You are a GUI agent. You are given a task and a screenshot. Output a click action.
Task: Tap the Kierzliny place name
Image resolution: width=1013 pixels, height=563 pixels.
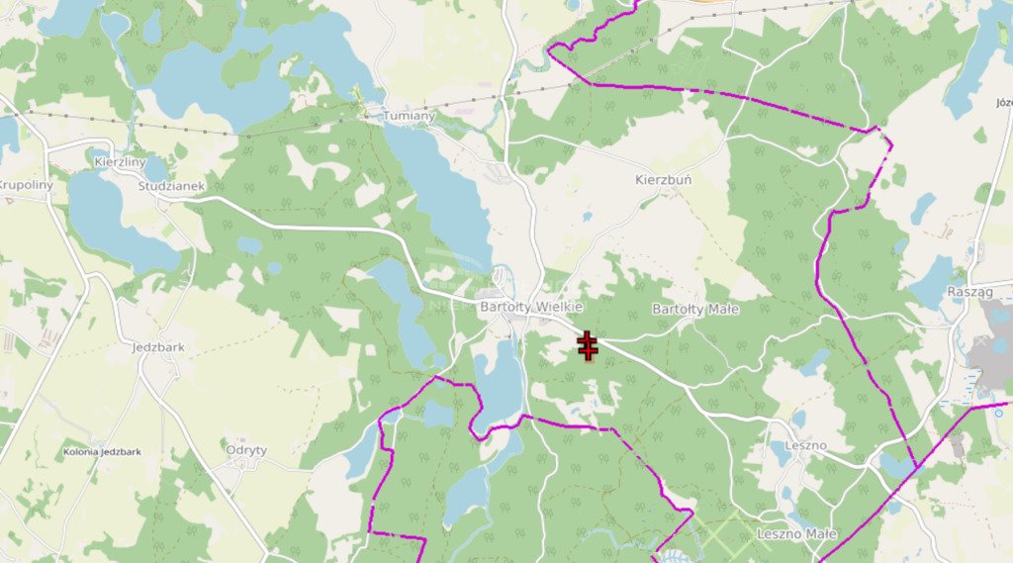tap(120, 161)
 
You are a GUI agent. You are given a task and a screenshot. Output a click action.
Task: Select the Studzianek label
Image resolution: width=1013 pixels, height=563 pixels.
tap(171, 185)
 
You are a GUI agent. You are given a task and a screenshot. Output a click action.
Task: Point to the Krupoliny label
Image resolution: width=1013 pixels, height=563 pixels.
tap(26, 185)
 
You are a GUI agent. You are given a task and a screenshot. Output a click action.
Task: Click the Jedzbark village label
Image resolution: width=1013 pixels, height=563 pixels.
tap(157, 347)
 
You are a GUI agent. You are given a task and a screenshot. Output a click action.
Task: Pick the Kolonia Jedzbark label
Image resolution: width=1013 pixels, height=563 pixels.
tap(102, 451)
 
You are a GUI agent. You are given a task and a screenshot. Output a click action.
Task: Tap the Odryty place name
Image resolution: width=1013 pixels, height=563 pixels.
tap(246, 449)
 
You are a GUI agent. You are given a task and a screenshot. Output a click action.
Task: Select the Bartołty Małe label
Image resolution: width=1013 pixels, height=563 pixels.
tap(695, 309)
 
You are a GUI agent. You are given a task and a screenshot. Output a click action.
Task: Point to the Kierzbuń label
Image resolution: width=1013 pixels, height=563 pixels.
tap(663, 181)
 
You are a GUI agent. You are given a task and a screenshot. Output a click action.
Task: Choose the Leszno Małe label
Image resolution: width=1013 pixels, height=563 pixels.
tap(796, 534)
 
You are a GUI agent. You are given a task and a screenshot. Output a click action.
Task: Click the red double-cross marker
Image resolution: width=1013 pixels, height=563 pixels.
tap(588, 346)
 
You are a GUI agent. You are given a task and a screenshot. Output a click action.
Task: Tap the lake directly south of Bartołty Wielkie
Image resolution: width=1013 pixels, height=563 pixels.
tap(499, 381)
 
